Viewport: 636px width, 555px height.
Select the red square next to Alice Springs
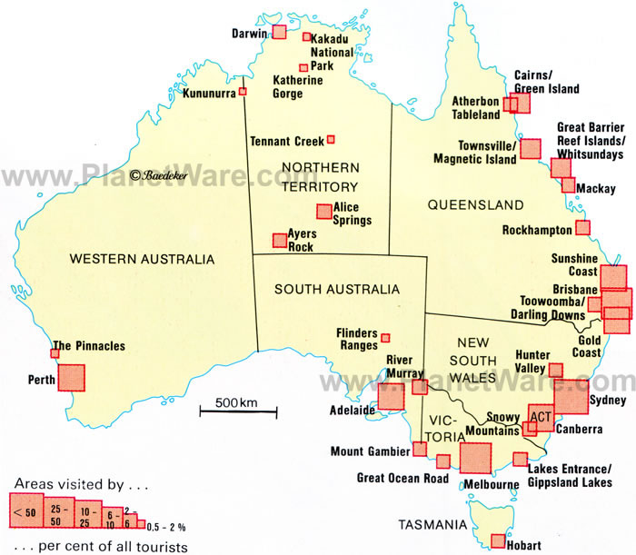click(x=323, y=212)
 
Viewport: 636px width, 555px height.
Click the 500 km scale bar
click(x=239, y=411)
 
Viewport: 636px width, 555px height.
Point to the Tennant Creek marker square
click(x=331, y=140)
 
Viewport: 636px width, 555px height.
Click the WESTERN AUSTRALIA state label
click(x=142, y=259)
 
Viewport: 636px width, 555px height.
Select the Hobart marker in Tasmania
click(x=498, y=540)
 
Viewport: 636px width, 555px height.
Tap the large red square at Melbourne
click(x=475, y=459)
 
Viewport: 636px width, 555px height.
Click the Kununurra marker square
click(x=243, y=92)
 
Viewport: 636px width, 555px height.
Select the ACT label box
click(x=541, y=416)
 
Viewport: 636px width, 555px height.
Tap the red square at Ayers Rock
click(x=280, y=241)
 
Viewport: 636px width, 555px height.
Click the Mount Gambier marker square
click(x=420, y=449)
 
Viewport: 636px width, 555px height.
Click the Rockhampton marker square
click(x=582, y=228)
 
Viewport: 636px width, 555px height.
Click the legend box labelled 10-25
click(x=87, y=514)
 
